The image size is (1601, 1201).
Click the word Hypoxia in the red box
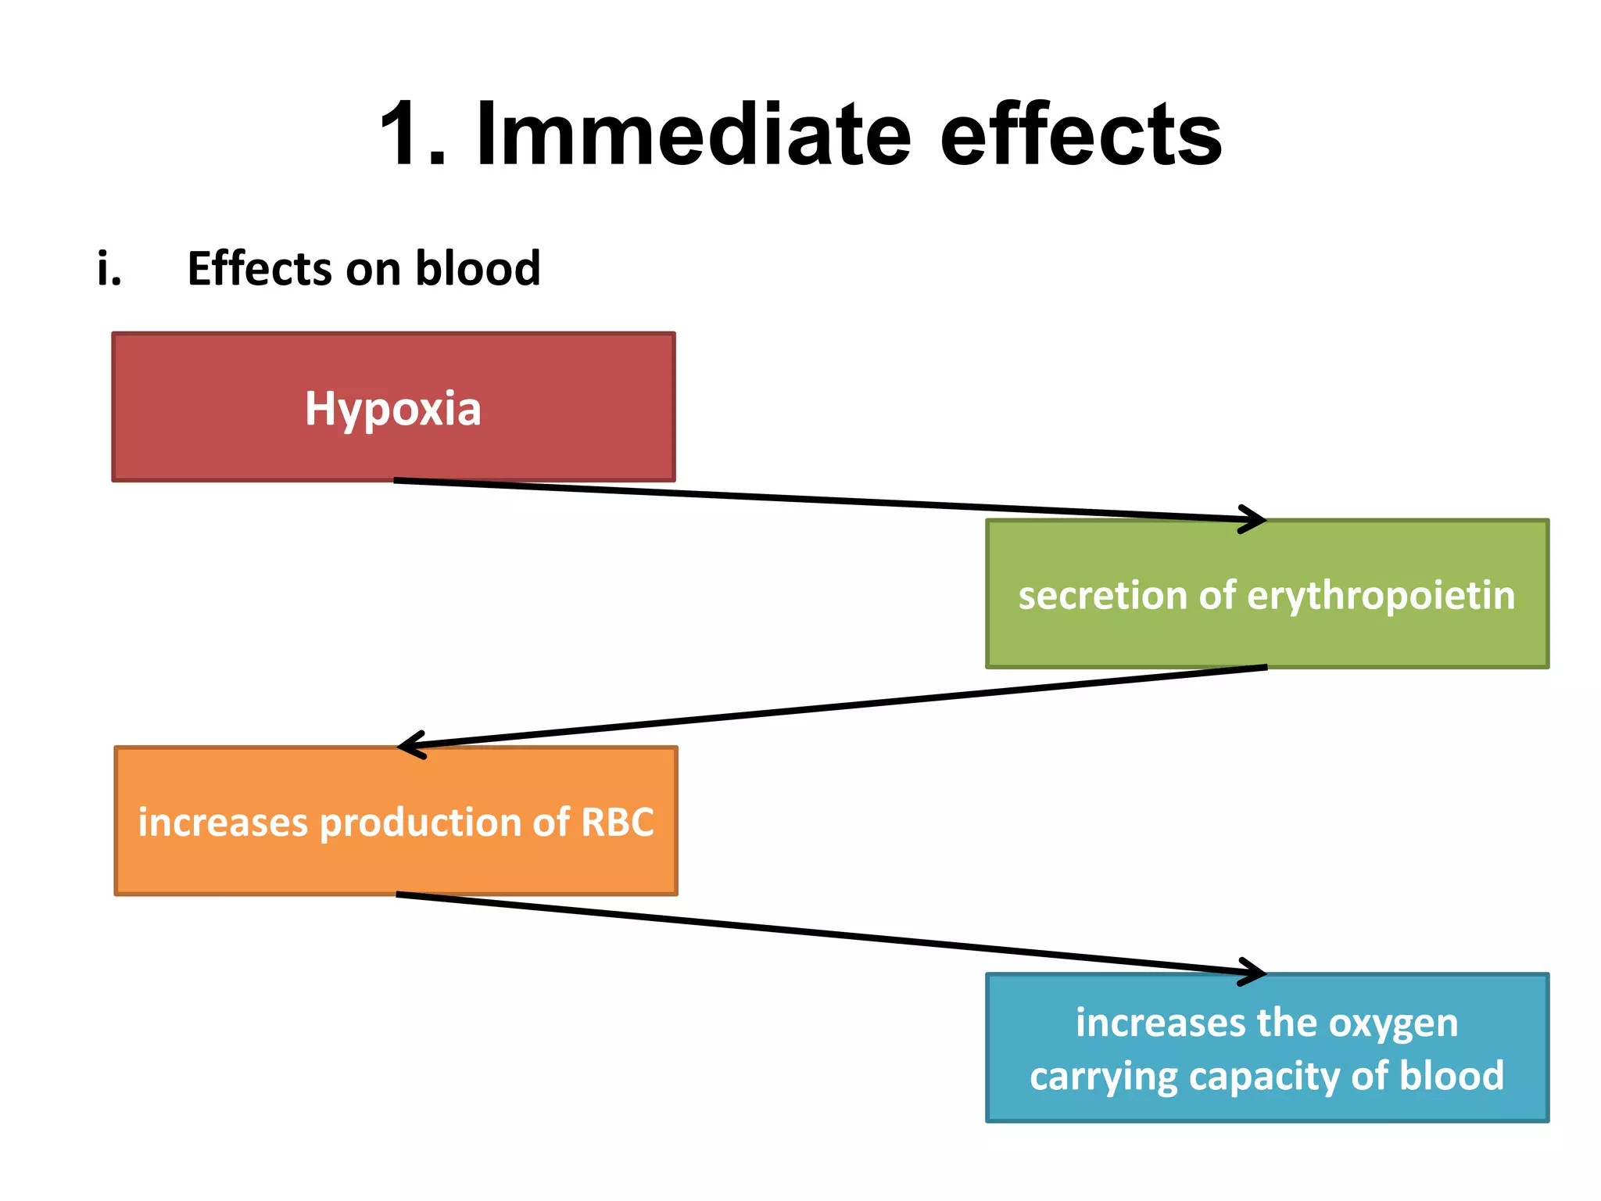[392, 409]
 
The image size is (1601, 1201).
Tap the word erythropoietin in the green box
[1381, 595]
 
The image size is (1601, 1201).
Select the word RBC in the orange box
[617, 822]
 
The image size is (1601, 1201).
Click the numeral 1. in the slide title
[413, 134]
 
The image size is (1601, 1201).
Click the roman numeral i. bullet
[109, 268]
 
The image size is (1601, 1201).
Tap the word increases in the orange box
[223, 822]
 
